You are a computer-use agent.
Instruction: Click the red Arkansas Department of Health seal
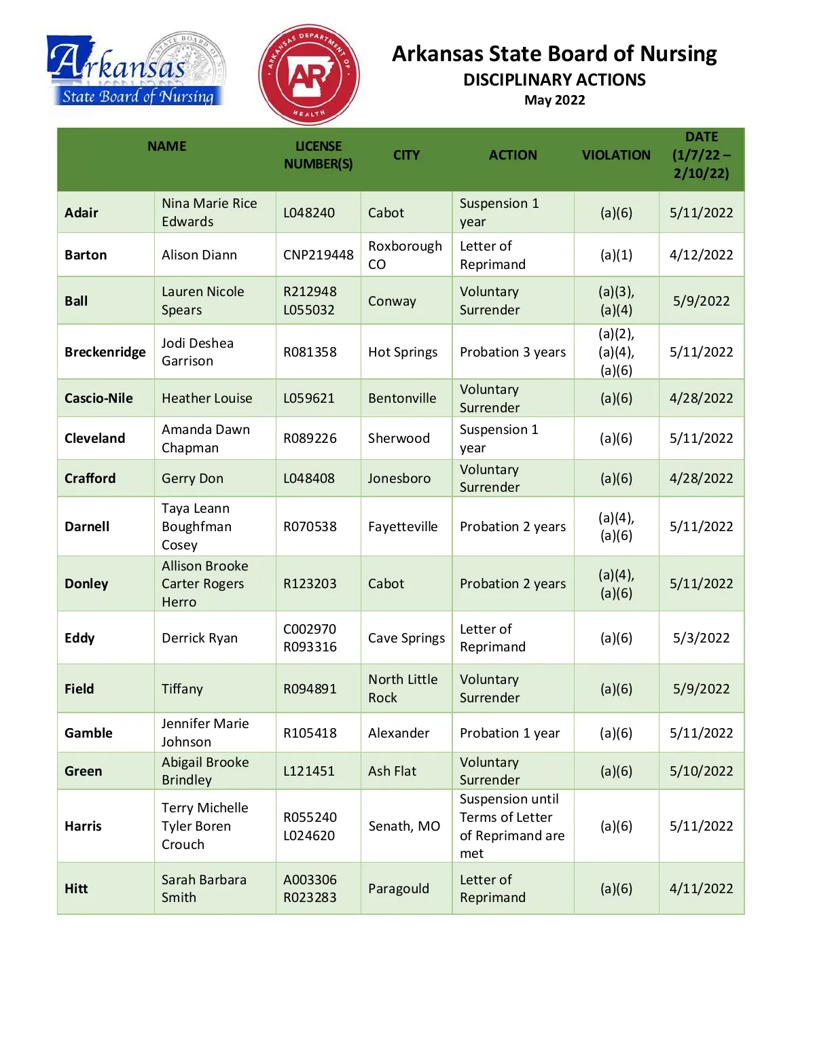pos(309,75)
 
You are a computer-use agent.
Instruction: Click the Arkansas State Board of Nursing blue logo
pos(136,71)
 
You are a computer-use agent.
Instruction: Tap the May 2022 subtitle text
pos(554,100)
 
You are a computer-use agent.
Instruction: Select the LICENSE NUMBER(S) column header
pos(318,155)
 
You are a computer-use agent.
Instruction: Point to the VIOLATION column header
pos(616,155)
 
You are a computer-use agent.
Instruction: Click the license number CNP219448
pos(318,255)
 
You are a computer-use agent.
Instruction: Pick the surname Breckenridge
pos(105,352)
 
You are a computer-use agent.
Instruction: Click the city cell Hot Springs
pos(403,352)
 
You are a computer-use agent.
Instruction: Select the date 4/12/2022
pos(701,255)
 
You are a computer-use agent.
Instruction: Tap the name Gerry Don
pos(192,478)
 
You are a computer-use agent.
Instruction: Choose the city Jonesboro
pos(399,478)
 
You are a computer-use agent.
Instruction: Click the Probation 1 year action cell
pos(509,733)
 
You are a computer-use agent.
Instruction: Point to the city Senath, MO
pos(404,826)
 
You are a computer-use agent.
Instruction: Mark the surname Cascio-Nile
pos(98,398)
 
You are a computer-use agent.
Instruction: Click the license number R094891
pos(310,689)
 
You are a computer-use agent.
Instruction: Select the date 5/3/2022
pos(701,638)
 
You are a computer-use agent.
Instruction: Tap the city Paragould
pos(399,888)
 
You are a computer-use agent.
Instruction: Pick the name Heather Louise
pos(206,398)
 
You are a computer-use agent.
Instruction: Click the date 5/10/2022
pos(701,771)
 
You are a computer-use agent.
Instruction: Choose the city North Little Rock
pos(403,689)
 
